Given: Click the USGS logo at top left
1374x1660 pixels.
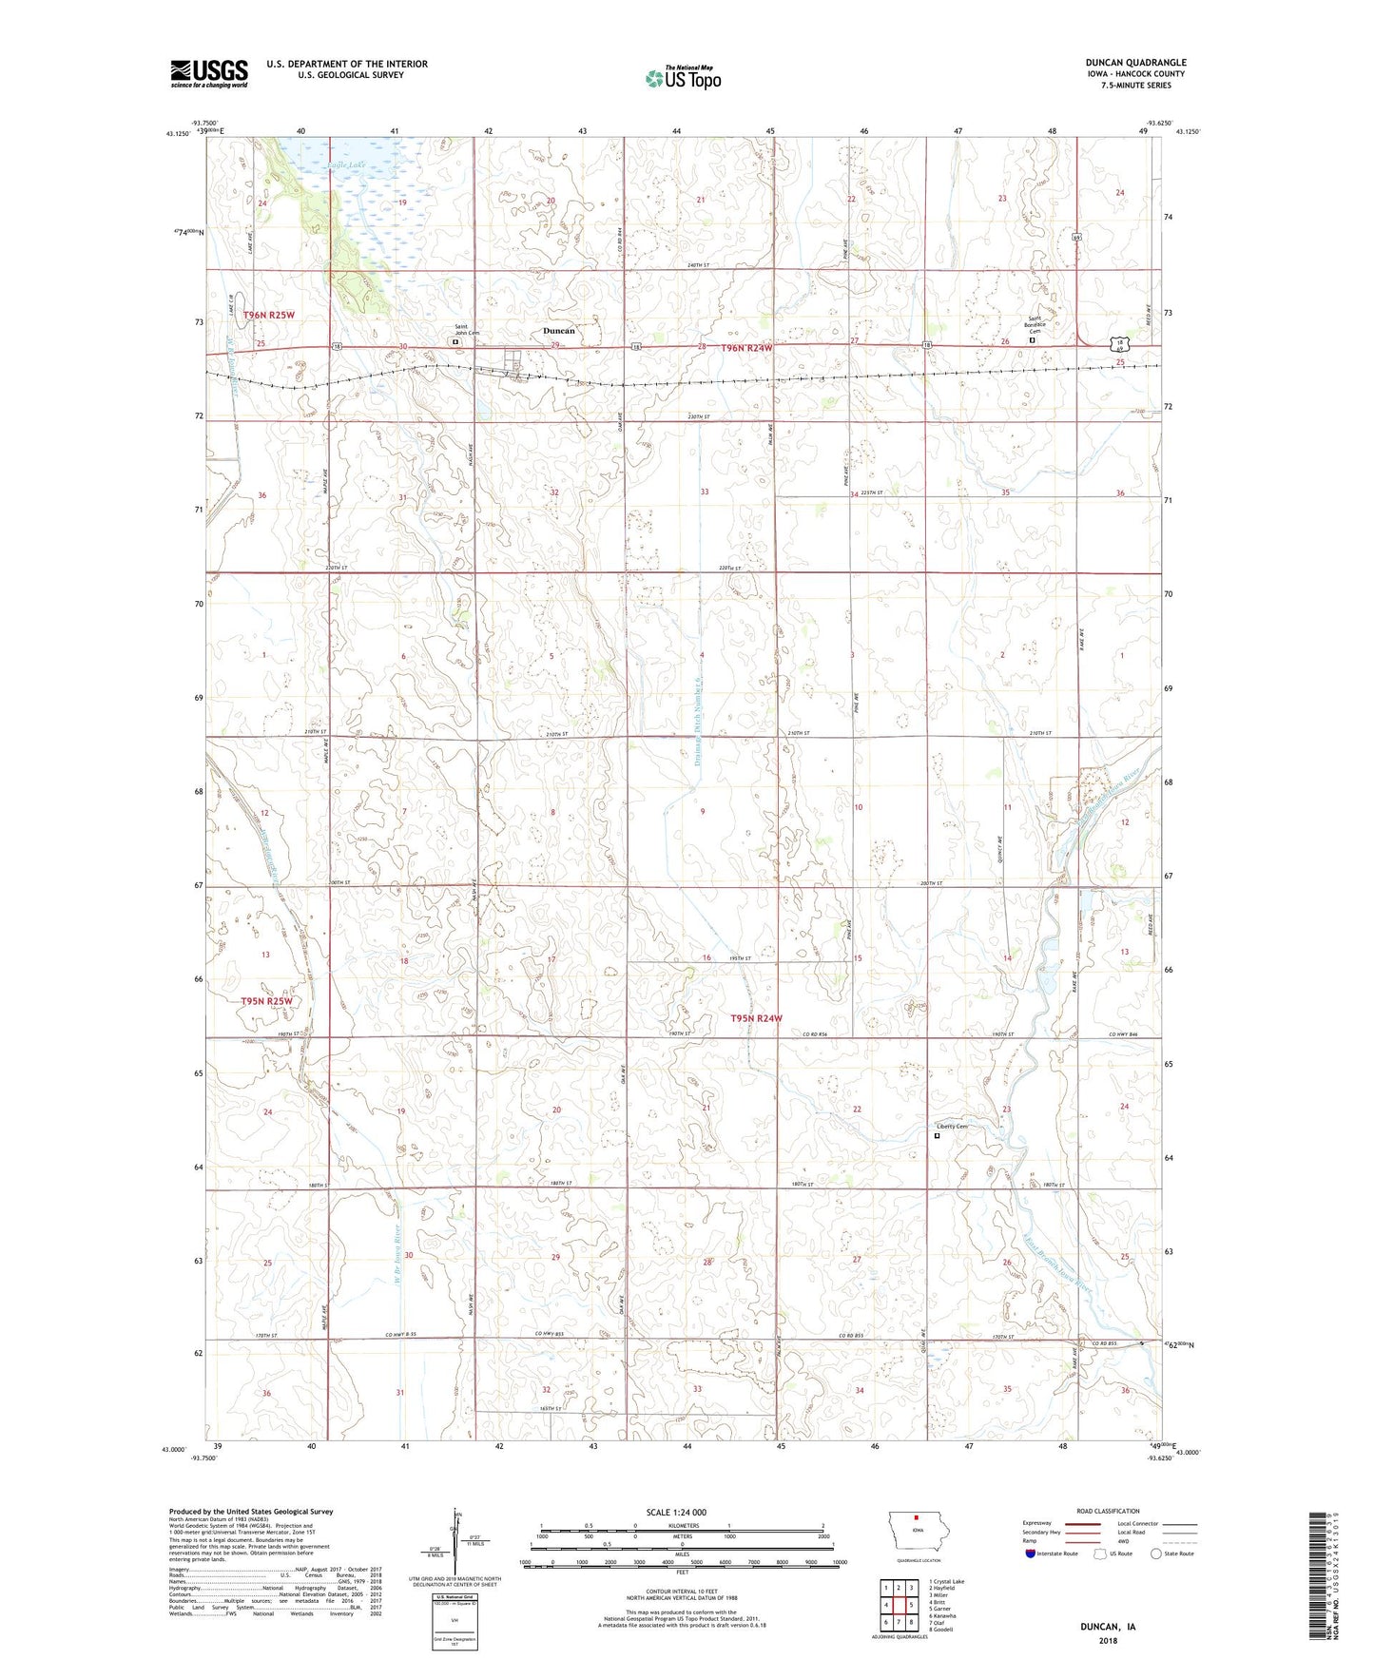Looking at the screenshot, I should (x=208, y=73).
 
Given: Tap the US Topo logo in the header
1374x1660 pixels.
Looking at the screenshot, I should (x=683, y=78).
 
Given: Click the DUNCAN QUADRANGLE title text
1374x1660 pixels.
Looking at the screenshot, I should (x=1135, y=63).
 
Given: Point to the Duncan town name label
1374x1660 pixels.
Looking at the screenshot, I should (x=558, y=331).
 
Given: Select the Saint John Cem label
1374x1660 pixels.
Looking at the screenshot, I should (x=466, y=329).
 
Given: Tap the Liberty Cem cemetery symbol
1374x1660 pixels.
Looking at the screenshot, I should (x=937, y=1135).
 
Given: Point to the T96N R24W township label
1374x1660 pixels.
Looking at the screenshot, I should (x=746, y=349).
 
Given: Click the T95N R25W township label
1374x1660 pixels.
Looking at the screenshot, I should (x=265, y=1001).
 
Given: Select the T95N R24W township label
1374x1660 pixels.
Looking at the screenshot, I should (x=756, y=1018).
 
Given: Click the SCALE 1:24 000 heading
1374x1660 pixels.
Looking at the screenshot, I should (x=676, y=1512).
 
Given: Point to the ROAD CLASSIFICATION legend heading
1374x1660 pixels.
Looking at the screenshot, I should (x=1108, y=1511).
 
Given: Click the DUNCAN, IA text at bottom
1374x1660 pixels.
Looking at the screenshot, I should (x=1108, y=1627).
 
